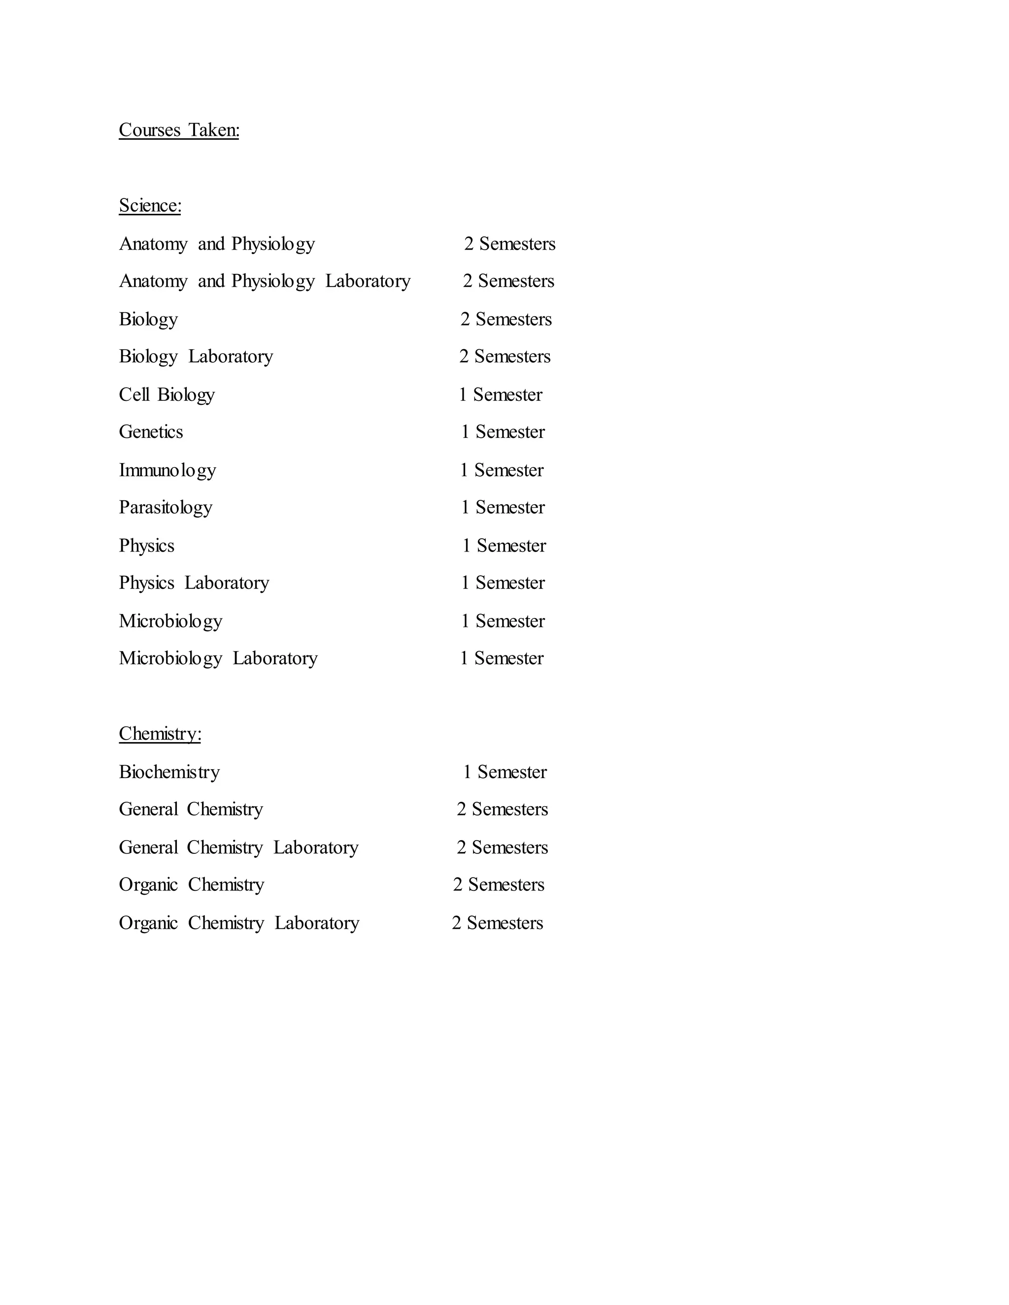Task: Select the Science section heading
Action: point(150,205)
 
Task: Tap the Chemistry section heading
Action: point(160,733)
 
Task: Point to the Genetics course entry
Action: point(151,431)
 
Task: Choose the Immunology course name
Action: point(167,470)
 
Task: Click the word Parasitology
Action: point(165,507)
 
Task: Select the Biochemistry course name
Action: point(169,772)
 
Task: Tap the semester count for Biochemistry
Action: point(504,772)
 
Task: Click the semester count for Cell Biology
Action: point(501,394)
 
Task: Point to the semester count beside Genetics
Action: point(503,431)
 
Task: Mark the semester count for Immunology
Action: point(502,470)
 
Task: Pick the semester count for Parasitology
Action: point(503,507)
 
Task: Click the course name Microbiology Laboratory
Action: point(218,658)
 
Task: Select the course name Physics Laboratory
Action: point(194,583)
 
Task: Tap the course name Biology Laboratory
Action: point(196,356)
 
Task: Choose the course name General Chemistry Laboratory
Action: point(238,848)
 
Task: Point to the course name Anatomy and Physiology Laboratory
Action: point(264,281)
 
